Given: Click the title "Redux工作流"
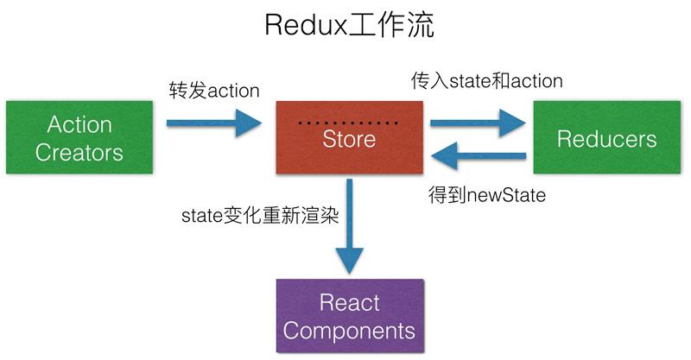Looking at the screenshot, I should tap(348, 26).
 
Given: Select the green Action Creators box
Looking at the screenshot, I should tap(79, 138).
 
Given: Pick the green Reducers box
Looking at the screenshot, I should tap(606, 138).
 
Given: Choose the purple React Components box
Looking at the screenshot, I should tap(349, 316).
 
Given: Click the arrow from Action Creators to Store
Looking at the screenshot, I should tap(216, 122).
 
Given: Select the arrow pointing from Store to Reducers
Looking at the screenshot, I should tap(477, 122).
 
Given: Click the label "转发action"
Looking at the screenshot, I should tap(214, 89).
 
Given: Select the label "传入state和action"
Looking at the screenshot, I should tap(486, 81).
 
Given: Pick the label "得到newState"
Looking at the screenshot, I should tap(486, 195).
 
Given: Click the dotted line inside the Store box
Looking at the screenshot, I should tap(349, 123).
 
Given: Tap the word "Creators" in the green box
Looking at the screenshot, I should tap(79, 153).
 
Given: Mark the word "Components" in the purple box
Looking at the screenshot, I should tap(349, 330).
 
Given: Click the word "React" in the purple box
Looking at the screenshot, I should tap(349, 302).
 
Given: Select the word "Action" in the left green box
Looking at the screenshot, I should tap(79, 124).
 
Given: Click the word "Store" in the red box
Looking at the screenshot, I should tap(349, 138).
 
